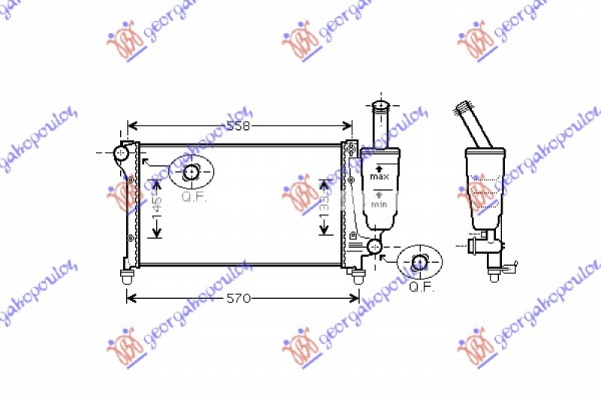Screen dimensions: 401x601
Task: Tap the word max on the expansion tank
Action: [379, 176]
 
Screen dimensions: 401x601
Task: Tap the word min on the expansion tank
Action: [379, 204]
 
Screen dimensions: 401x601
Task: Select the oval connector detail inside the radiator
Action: [192, 172]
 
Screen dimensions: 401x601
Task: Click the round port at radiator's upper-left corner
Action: [121, 153]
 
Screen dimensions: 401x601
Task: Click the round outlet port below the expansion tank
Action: [373, 246]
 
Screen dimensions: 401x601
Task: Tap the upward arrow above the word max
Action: [379, 167]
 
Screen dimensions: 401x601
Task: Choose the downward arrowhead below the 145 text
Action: [156, 234]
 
